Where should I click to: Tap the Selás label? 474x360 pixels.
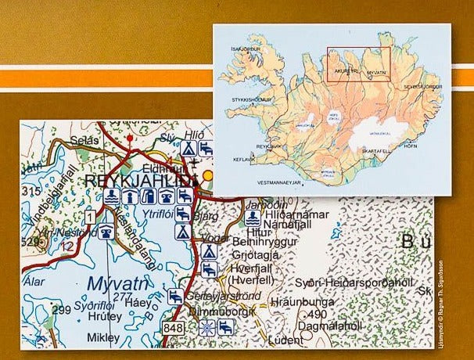pyautogui.click(x=83, y=139)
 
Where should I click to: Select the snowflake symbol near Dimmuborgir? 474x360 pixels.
pyautogui.click(x=204, y=329)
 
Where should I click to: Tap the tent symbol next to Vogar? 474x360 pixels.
pyautogui.click(x=208, y=252)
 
